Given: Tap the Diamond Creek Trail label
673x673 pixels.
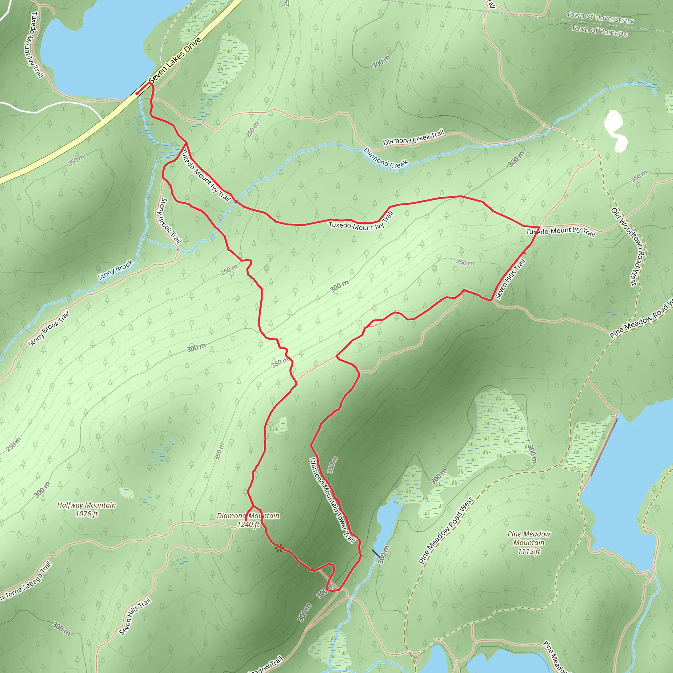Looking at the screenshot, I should (x=413, y=138).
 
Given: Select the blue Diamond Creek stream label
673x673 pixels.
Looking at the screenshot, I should (x=385, y=158).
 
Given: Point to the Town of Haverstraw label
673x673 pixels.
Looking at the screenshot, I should (x=600, y=17).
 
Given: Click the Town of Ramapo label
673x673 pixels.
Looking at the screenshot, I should (x=599, y=31).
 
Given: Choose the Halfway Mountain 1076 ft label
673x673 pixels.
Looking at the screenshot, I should (x=86, y=509).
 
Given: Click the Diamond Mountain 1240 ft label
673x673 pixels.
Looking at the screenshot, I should (x=248, y=520).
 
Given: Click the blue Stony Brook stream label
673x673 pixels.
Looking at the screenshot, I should (x=115, y=270).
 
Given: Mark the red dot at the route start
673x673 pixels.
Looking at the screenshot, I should (x=137, y=93).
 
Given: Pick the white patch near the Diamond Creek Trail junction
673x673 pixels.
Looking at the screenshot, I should (x=615, y=131).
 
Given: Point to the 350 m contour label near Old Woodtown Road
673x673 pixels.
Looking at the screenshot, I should (x=639, y=176).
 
